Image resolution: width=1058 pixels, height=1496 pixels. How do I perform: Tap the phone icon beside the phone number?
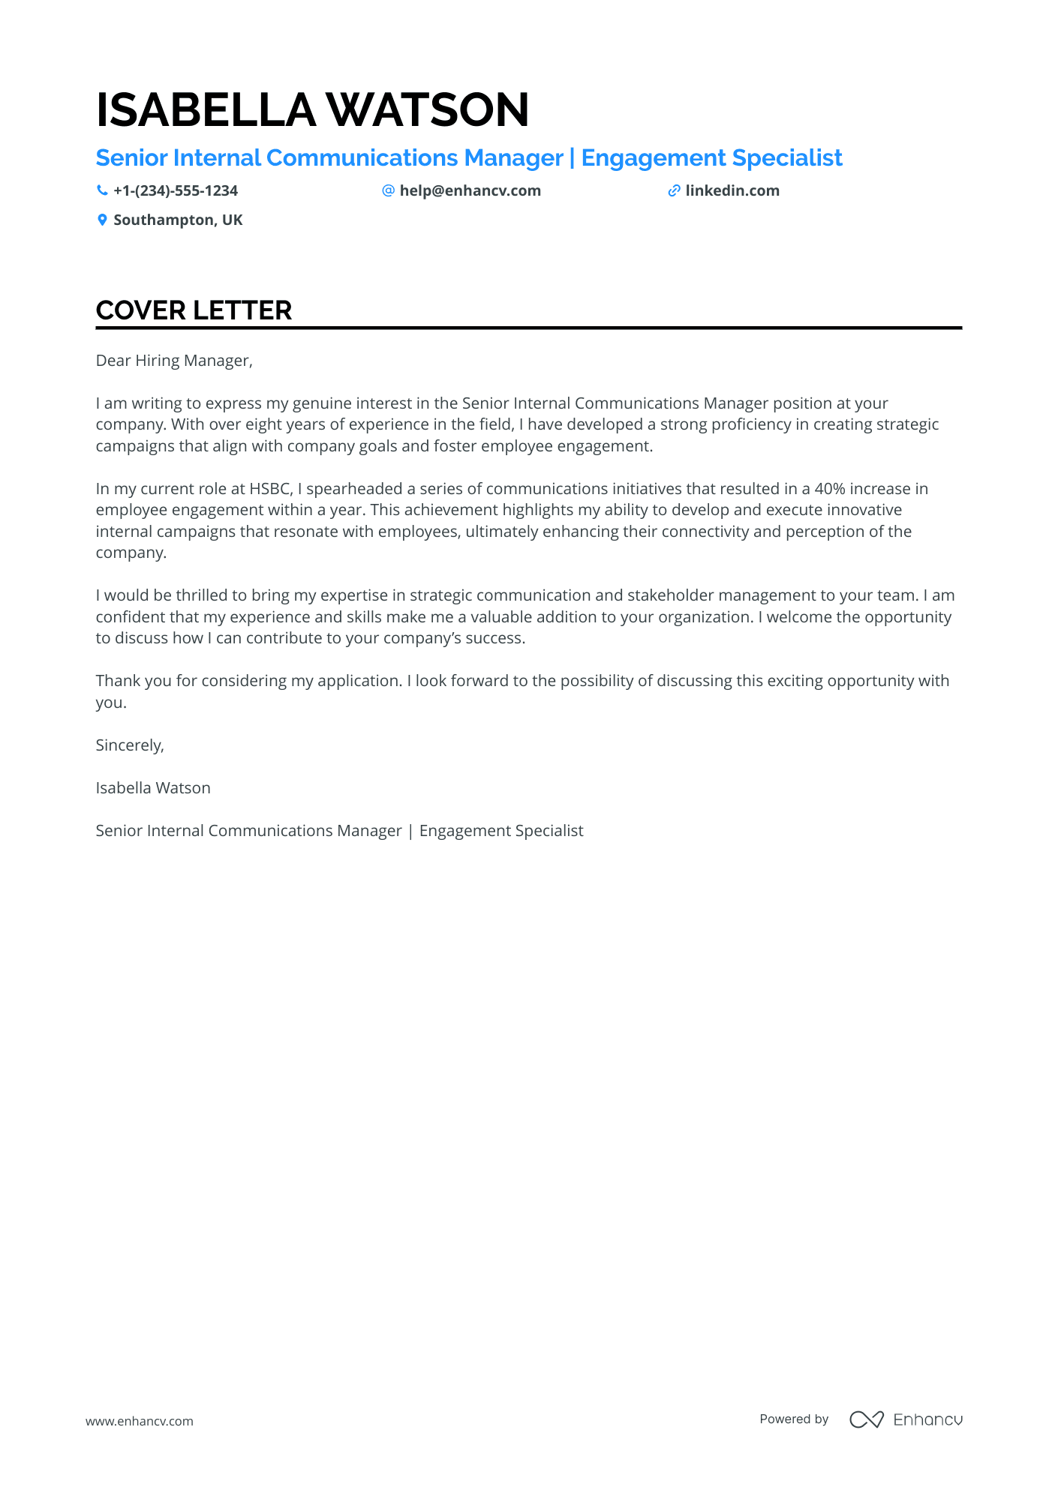[102, 190]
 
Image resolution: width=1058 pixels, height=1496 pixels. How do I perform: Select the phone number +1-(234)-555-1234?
[176, 190]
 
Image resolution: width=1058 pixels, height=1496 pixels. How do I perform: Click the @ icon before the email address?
[388, 190]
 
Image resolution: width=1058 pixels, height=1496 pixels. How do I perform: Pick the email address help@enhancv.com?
[470, 190]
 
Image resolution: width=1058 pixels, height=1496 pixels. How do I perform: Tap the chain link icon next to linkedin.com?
[674, 190]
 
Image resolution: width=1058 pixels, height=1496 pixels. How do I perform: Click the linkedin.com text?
[732, 190]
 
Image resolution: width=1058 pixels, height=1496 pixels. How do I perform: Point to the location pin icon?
[102, 220]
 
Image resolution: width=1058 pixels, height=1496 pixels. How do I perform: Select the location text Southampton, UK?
[178, 220]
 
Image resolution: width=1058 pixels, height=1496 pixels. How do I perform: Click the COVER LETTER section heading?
[194, 310]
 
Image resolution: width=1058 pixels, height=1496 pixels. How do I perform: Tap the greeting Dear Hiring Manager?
[174, 361]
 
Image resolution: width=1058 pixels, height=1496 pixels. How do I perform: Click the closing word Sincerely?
[129, 745]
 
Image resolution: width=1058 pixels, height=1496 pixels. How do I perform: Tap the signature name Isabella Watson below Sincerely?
[153, 788]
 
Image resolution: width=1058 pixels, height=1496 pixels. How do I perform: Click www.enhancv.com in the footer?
[140, 1421]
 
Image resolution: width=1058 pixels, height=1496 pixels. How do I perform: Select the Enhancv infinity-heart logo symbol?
[866, 1420]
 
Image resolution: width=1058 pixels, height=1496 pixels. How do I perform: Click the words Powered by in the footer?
[794, 1419]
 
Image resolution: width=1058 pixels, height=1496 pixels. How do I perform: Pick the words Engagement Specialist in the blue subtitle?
[711, 158]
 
